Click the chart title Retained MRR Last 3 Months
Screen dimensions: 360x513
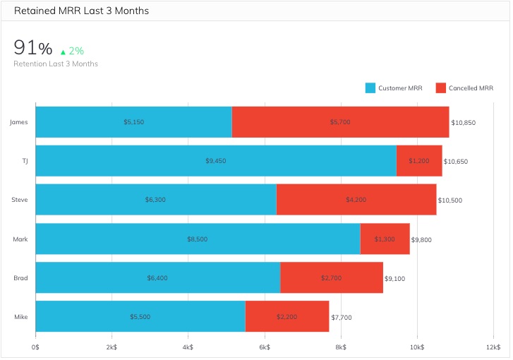pos(81,11)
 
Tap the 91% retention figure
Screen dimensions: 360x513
pos(33,48)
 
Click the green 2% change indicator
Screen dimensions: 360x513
pos(72,51)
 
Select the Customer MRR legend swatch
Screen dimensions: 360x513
pos(370,88)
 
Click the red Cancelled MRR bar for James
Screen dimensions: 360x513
pos(340,122)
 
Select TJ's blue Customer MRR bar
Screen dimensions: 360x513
pos(216,161)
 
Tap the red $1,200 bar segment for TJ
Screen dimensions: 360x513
pos(419,161)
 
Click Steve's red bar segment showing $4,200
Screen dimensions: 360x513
pos(356,200)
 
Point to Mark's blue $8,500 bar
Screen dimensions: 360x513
pos(198,239)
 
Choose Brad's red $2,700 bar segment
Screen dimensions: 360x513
pos(332,277)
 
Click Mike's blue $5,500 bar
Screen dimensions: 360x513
pos(140,316)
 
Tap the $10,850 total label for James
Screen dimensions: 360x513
pos(464,123)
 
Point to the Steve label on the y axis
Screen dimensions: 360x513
pos(20,200)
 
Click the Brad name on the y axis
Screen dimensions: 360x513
pos(20,277)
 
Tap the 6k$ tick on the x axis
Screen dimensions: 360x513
pos(265,347)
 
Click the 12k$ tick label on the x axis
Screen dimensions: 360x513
pos(493,347)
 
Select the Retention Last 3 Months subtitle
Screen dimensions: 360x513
pos(56,64)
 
